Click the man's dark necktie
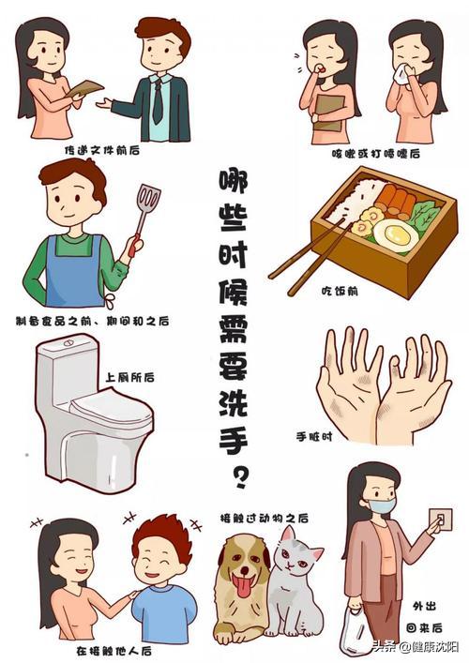point(158,100)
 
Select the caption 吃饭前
point(357,291)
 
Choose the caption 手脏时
point(315,436)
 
